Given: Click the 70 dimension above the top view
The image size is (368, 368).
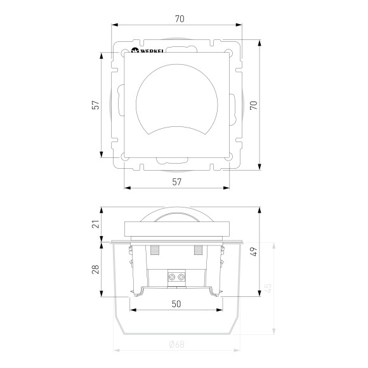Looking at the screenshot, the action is point(180,19).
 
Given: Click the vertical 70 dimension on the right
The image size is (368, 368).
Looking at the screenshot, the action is point(254,105).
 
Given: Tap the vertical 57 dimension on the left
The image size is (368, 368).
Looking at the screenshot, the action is point(96,105).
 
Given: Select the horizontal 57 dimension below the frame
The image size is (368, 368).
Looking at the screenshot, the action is point(177,182).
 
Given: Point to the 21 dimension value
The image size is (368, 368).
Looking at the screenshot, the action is point(96,224).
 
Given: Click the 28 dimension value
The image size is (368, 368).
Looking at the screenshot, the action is point(96,270).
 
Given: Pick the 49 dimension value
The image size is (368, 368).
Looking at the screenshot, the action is point(254,252).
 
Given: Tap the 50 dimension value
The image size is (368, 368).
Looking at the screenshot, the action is point(176,304).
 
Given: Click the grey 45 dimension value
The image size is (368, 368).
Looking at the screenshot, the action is point(268,288).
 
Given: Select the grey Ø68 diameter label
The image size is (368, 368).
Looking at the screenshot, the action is point(177,345).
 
